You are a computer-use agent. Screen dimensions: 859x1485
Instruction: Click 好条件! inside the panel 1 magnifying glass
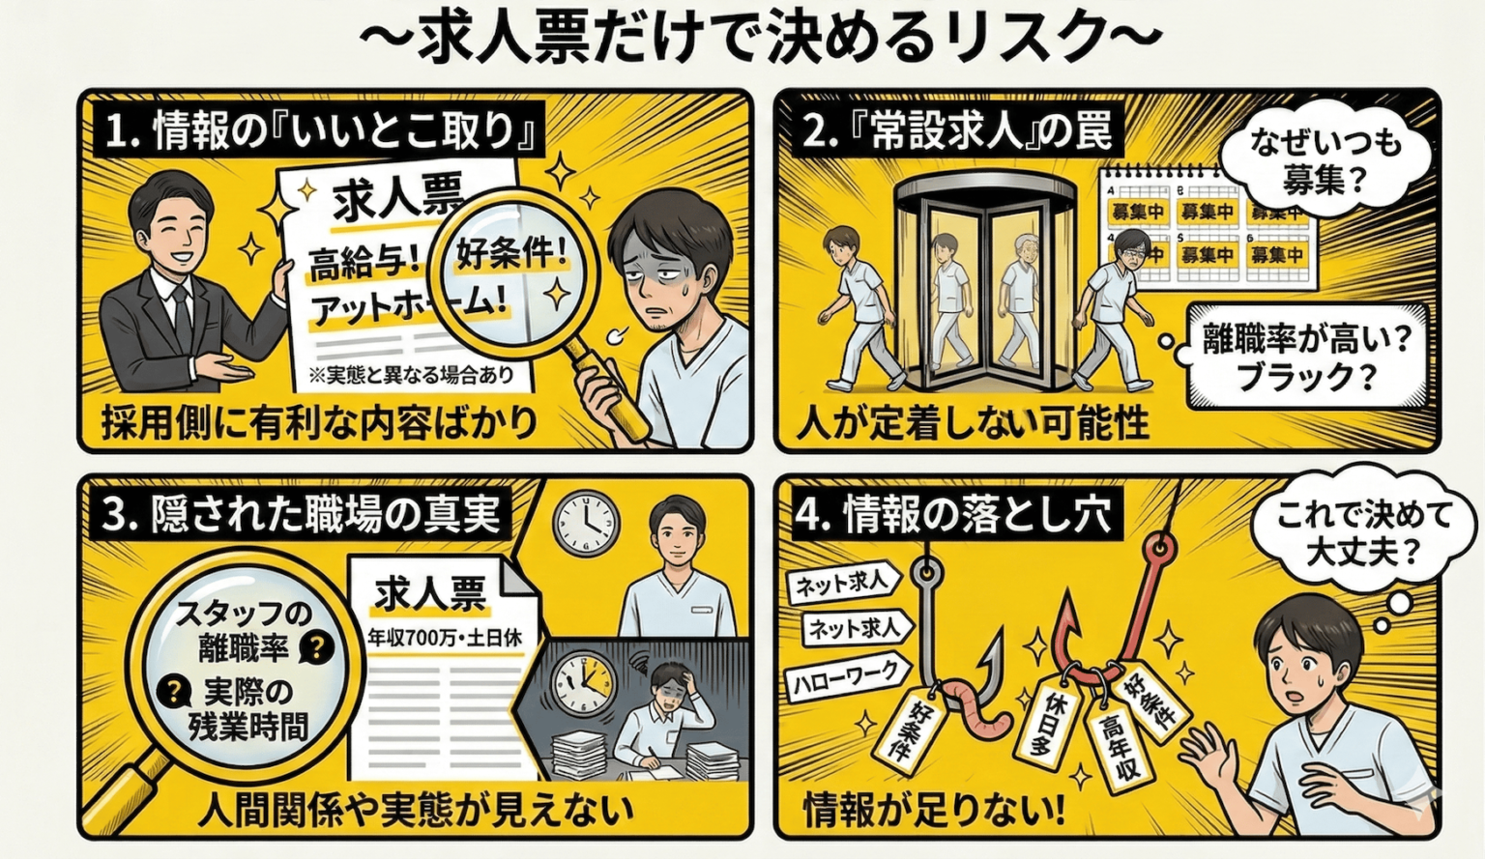coord(511,255)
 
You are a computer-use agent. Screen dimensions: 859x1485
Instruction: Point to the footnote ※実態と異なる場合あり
coord(411,375)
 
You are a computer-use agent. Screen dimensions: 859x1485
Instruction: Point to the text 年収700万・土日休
coord(444,638)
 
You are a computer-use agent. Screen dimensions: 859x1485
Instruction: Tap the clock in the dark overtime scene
coord(583,682)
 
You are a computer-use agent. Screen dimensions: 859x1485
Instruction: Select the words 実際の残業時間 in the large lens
coord(247,708)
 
